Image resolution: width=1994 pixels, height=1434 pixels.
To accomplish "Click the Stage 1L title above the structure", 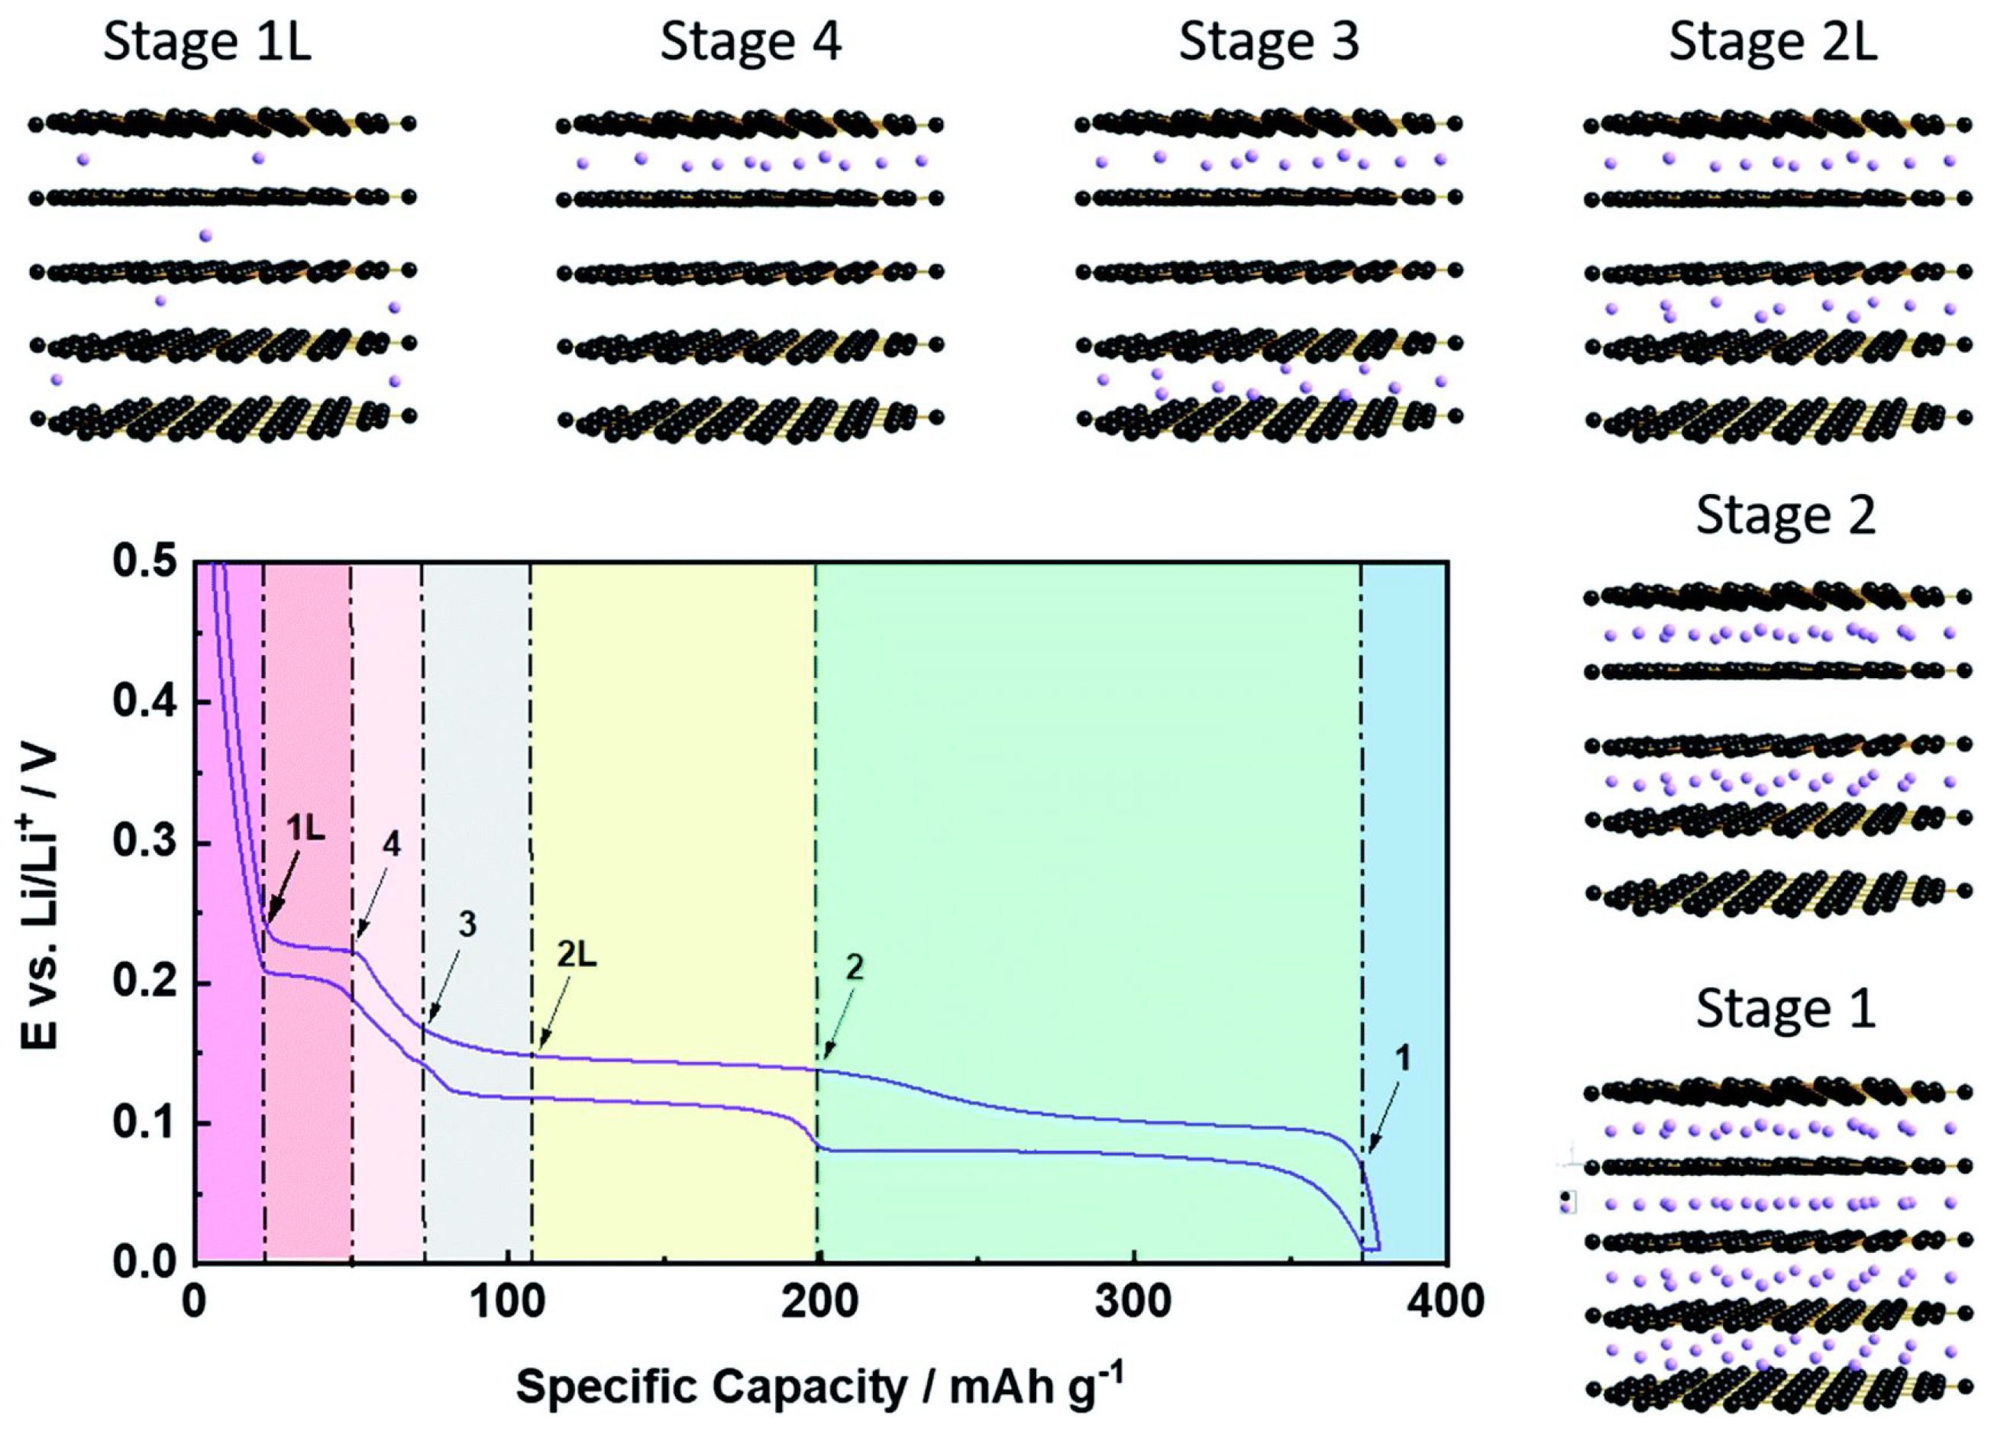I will tap(207, 42).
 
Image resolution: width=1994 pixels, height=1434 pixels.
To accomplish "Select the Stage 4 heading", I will tap(750, 42).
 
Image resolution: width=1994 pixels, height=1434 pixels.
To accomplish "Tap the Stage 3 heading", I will tap(1268, 42).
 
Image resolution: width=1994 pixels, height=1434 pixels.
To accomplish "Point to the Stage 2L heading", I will tap(1773, 42).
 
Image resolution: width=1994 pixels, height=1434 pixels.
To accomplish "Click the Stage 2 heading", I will tap(1786, 516).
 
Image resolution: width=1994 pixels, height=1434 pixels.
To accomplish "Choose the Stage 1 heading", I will tap(1786, 1009).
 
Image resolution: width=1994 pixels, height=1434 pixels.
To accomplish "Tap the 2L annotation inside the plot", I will tap(576, 956).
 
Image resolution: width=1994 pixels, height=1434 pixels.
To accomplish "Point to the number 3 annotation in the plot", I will tap(467, 924).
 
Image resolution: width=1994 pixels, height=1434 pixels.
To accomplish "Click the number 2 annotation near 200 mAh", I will tap(854, 967).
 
